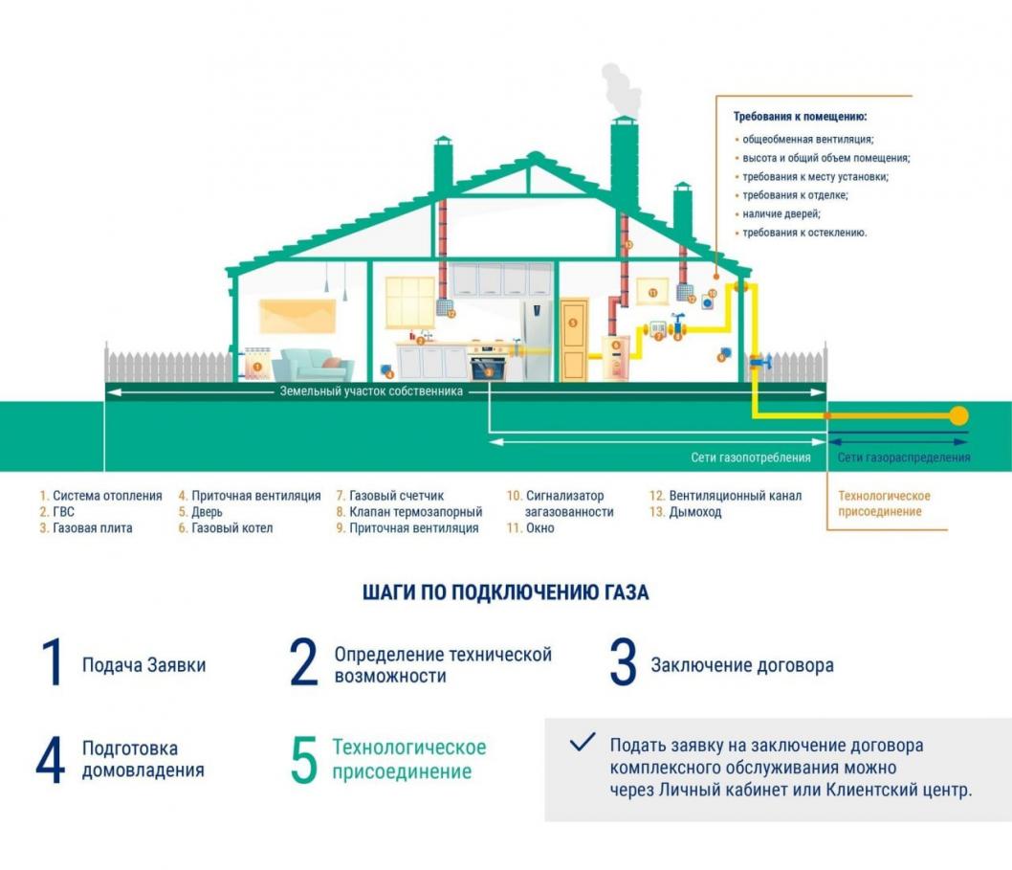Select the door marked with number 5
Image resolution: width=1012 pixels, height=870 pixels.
click(x=574, y=341)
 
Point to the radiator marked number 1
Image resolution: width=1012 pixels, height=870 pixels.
click(x=256, y=363)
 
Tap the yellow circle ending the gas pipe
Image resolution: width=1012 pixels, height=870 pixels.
click(x=957, y=416)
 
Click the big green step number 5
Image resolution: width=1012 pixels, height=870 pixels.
click(x=303, y=760)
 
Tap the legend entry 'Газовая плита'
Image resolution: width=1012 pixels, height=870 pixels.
click(x=92, y=528)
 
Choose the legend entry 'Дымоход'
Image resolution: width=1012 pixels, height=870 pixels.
click(x=695, y=512)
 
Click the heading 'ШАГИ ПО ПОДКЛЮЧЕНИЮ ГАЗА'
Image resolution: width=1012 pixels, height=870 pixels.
click(x=505, y=592)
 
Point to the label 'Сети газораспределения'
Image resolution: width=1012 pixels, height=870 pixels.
click(x=904, y=457)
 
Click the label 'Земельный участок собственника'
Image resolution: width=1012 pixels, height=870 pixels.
click(x=371, y=391)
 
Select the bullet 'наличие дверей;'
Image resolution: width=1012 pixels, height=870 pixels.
click(x=781, y=213)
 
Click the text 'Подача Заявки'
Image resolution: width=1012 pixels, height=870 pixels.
click(x=143, y=665)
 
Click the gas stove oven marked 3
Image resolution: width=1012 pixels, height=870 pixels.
click(x=488, y=367)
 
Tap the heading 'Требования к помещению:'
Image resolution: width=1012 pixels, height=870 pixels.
click(x=800, y=117)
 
